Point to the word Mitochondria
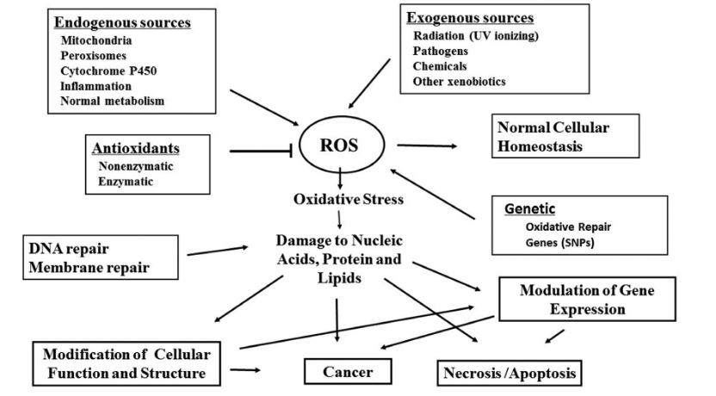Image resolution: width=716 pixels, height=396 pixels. click(96, 40)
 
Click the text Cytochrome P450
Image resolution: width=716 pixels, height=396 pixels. click(107, 71)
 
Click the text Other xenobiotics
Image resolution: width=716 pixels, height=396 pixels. click(460, 81)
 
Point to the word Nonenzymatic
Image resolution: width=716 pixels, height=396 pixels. click(136, 166)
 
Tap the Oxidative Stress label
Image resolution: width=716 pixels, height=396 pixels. click(348, 199)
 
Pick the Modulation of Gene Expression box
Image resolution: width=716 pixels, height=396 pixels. click(587, 300)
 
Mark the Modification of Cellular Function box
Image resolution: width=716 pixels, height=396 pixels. click(126, 362)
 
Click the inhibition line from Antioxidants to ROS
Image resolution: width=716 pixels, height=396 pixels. click(262, 152)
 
